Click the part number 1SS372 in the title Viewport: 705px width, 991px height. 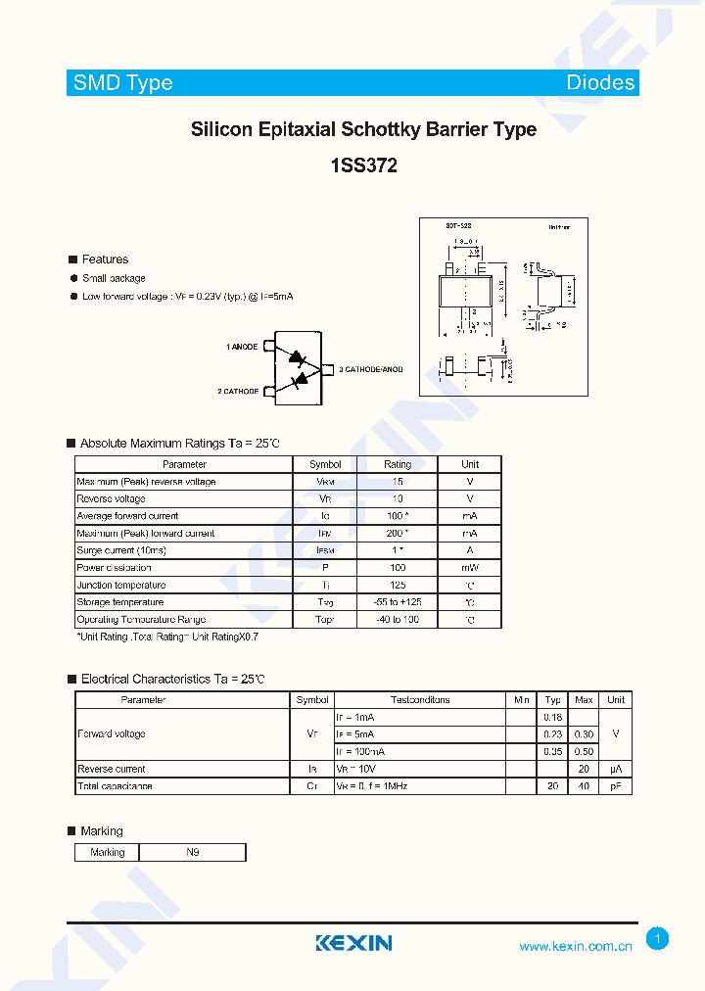click(x=363, y=166)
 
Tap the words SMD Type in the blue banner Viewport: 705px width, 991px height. click(x=123, y=83)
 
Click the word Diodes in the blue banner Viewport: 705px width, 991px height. click(x=600, y=83)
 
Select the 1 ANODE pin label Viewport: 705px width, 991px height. click(x=242, y=347)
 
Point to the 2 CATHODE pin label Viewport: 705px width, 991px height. click(x=238, y=391)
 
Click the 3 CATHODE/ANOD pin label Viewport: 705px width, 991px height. click(x=371, y=369)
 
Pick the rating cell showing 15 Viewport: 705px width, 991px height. click(x=398, y=482)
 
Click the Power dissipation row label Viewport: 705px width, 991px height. click(x=114, y=568)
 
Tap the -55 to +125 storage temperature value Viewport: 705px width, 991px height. click(x=398, y=602)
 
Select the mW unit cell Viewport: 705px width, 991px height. click(x=470, y=568)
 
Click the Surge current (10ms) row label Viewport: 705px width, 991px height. click(x=121, y=550)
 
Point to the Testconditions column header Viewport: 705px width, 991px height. click(x=420, y=700)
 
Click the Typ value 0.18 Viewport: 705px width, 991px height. click(x=553, y=717)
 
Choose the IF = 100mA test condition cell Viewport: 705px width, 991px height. click(x=360, y=751)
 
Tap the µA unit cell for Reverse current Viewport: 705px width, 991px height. click(x=616, y=769)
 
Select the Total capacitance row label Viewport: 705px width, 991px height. click(x=115, y=786)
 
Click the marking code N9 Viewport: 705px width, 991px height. click(x=192, y=852)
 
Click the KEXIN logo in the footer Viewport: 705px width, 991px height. click(x=353, y=943)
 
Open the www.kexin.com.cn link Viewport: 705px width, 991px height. click(x=576, y=946)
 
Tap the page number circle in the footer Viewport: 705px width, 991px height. click(x=658, y=939)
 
